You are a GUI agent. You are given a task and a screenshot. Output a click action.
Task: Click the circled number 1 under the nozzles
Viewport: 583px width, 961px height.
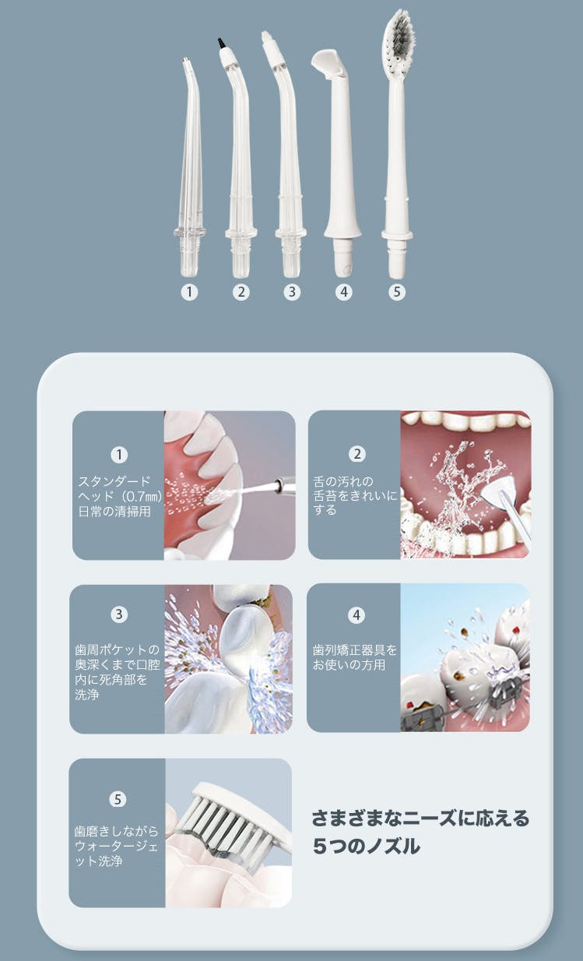point(189,292)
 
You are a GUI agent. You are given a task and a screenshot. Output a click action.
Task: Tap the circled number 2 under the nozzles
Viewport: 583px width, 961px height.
point(241,292)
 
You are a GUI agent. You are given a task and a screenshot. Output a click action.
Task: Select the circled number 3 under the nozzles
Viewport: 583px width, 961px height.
point(292,292)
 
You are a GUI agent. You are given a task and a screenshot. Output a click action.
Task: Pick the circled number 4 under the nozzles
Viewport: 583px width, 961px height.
point(344,292)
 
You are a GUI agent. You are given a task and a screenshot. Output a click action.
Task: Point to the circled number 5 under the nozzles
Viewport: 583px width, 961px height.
point(396,292)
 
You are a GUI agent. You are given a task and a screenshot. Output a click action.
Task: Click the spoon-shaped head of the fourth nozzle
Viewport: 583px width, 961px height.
point(329,62)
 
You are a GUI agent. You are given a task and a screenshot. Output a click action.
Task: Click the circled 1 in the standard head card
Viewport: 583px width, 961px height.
point(119,455)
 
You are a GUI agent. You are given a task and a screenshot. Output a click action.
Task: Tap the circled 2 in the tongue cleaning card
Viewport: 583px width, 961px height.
point(357,454)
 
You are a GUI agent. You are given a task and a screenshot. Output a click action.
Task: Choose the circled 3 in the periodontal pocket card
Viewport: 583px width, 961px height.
point(119,614)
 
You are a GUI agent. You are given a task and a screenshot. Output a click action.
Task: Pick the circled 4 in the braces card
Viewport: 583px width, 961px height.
point(356,615)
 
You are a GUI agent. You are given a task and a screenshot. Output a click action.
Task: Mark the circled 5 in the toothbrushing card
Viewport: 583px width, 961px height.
point(118,799)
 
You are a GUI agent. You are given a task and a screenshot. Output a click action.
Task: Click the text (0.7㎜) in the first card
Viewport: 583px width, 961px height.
point(140,497)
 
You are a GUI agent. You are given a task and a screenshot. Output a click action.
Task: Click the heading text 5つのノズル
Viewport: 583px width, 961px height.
point(366,847)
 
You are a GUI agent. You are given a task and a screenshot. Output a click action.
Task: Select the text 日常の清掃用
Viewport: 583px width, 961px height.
point(114,512)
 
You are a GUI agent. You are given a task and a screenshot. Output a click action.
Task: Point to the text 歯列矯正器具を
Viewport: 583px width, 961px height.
point(355,650)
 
